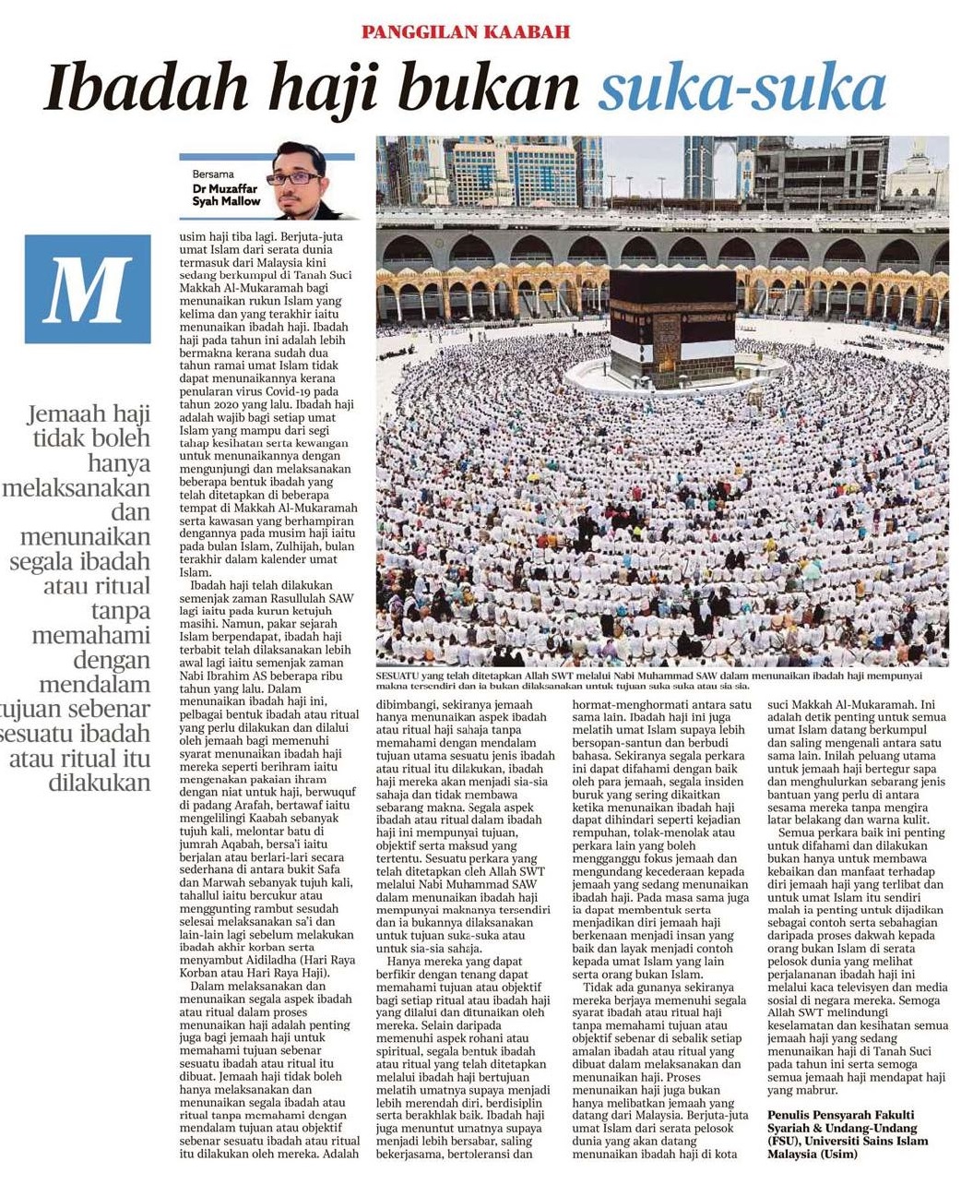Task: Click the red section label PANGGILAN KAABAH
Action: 466,32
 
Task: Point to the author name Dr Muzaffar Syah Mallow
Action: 226,194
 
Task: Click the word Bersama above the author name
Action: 213,174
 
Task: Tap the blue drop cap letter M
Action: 88,289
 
